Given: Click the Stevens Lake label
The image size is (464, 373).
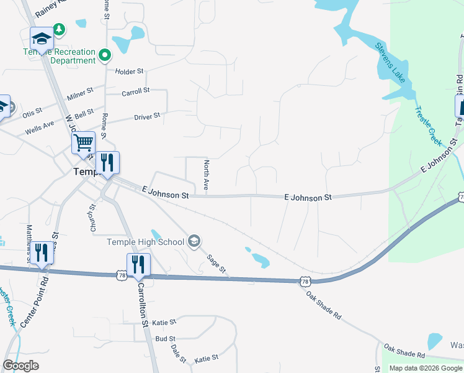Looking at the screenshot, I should point(390,66).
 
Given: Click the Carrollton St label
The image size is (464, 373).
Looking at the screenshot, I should point(144,306).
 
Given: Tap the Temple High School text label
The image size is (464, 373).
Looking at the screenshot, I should point(146,242).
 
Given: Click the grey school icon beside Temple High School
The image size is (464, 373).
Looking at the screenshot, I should point(194,241).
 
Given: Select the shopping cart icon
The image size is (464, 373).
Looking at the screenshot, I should point(83,143).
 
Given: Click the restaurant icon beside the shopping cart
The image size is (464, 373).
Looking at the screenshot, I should point(107,163).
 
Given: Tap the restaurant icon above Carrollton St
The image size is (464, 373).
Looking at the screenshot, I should point(138,264).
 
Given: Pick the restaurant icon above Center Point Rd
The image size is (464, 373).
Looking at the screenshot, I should point(42,252).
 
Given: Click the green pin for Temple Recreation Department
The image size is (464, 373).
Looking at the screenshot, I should point(105,55).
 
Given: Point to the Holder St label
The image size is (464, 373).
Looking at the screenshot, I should point(129,71).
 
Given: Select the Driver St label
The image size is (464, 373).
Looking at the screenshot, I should point(147,116).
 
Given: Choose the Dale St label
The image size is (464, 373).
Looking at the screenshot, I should point(179,354).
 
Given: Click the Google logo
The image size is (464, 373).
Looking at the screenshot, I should point(21,366).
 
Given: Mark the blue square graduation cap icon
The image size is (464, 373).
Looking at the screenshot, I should point(42,39).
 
